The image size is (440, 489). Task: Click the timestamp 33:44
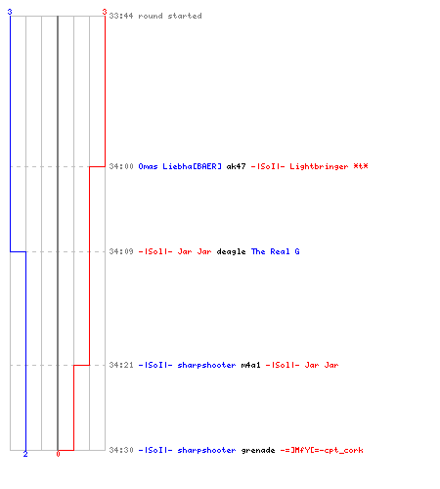121,16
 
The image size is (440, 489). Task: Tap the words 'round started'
170,16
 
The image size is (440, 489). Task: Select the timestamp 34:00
121,166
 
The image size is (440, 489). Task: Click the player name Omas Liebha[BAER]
180,166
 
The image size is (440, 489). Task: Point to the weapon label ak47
236,166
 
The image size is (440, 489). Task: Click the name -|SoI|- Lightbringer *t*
309,166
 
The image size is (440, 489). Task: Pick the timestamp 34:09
121,251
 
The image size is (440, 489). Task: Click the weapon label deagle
231,252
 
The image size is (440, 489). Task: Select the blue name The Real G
275,251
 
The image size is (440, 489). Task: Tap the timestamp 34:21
121,365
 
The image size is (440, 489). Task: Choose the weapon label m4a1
250,365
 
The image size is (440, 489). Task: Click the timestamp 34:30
121,450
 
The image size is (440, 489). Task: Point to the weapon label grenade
258,451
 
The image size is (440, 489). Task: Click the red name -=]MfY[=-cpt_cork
322,450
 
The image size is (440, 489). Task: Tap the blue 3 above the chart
10,12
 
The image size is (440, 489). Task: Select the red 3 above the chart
105,12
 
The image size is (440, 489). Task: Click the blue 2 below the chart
25,454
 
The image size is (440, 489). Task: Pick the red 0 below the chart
58,454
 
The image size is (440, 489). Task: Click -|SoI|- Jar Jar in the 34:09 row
175,251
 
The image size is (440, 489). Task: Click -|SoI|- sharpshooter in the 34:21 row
187,365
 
